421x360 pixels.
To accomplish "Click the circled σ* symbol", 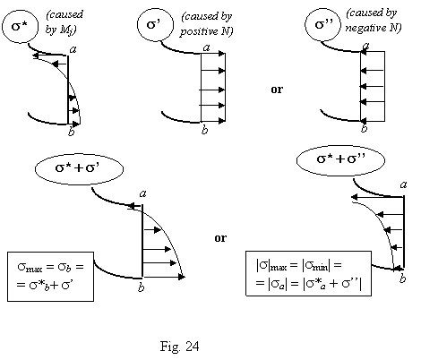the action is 21,26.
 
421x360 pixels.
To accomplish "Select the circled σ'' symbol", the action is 322,24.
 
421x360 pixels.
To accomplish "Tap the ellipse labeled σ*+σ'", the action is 79,168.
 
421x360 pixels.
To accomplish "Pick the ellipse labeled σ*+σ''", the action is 340,160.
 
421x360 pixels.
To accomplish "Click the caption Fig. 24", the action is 179,347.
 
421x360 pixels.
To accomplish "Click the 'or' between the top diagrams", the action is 277,90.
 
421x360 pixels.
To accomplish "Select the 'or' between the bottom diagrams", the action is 220,238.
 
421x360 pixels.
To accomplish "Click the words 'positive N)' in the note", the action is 206,31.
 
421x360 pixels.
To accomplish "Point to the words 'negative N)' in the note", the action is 374,28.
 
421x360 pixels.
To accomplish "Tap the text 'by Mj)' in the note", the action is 61,30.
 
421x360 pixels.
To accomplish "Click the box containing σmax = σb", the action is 50,277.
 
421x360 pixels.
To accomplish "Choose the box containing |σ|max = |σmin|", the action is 308,273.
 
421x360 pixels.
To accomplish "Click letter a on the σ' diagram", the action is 206,47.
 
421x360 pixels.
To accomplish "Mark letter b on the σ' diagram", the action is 204,130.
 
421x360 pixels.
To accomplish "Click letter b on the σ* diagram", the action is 71,132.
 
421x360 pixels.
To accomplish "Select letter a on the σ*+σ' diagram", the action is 143,194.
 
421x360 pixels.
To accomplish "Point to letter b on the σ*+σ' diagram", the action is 141,287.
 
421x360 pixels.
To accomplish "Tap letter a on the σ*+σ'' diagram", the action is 403,184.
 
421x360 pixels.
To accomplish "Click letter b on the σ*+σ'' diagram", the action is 403,279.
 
